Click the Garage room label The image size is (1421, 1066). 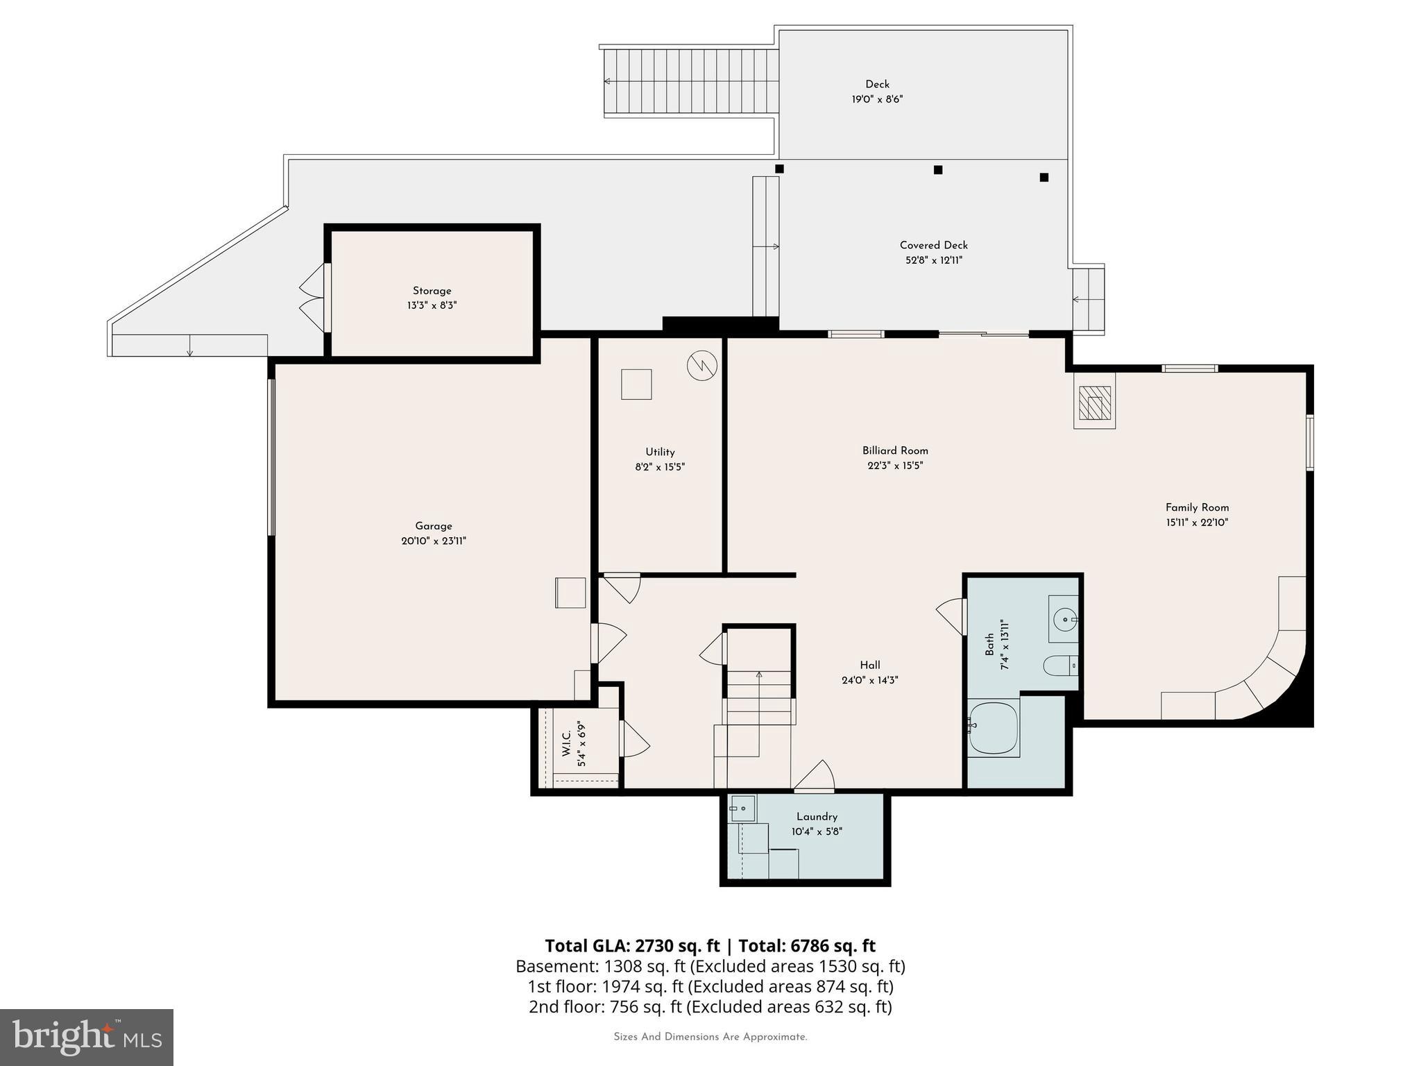tap(434, 526)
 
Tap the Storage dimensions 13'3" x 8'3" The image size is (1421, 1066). tap(432, 305)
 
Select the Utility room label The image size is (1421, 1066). tap(660, 452)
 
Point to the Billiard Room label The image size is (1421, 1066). tap(895, 450)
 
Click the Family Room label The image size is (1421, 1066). tap(1197, 507)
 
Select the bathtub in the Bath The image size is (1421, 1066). tap(994, 728)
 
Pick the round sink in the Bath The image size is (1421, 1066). tap(1064, 617)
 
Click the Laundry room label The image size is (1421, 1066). tap(817, 817)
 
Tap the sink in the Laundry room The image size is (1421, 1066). tap(742, 809)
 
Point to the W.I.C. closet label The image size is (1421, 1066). tap(566, 743)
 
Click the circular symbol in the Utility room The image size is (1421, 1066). tap(701, 366)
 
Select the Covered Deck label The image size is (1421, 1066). tap(933, 245)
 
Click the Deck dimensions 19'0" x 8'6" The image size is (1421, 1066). tap(877, 99)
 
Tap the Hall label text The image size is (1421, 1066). tap(869, 665)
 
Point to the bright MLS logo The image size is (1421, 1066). tap(87, 1038)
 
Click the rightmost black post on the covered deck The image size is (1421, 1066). tap(1044, 177)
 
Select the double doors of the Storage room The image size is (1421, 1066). tap(314, 297)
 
